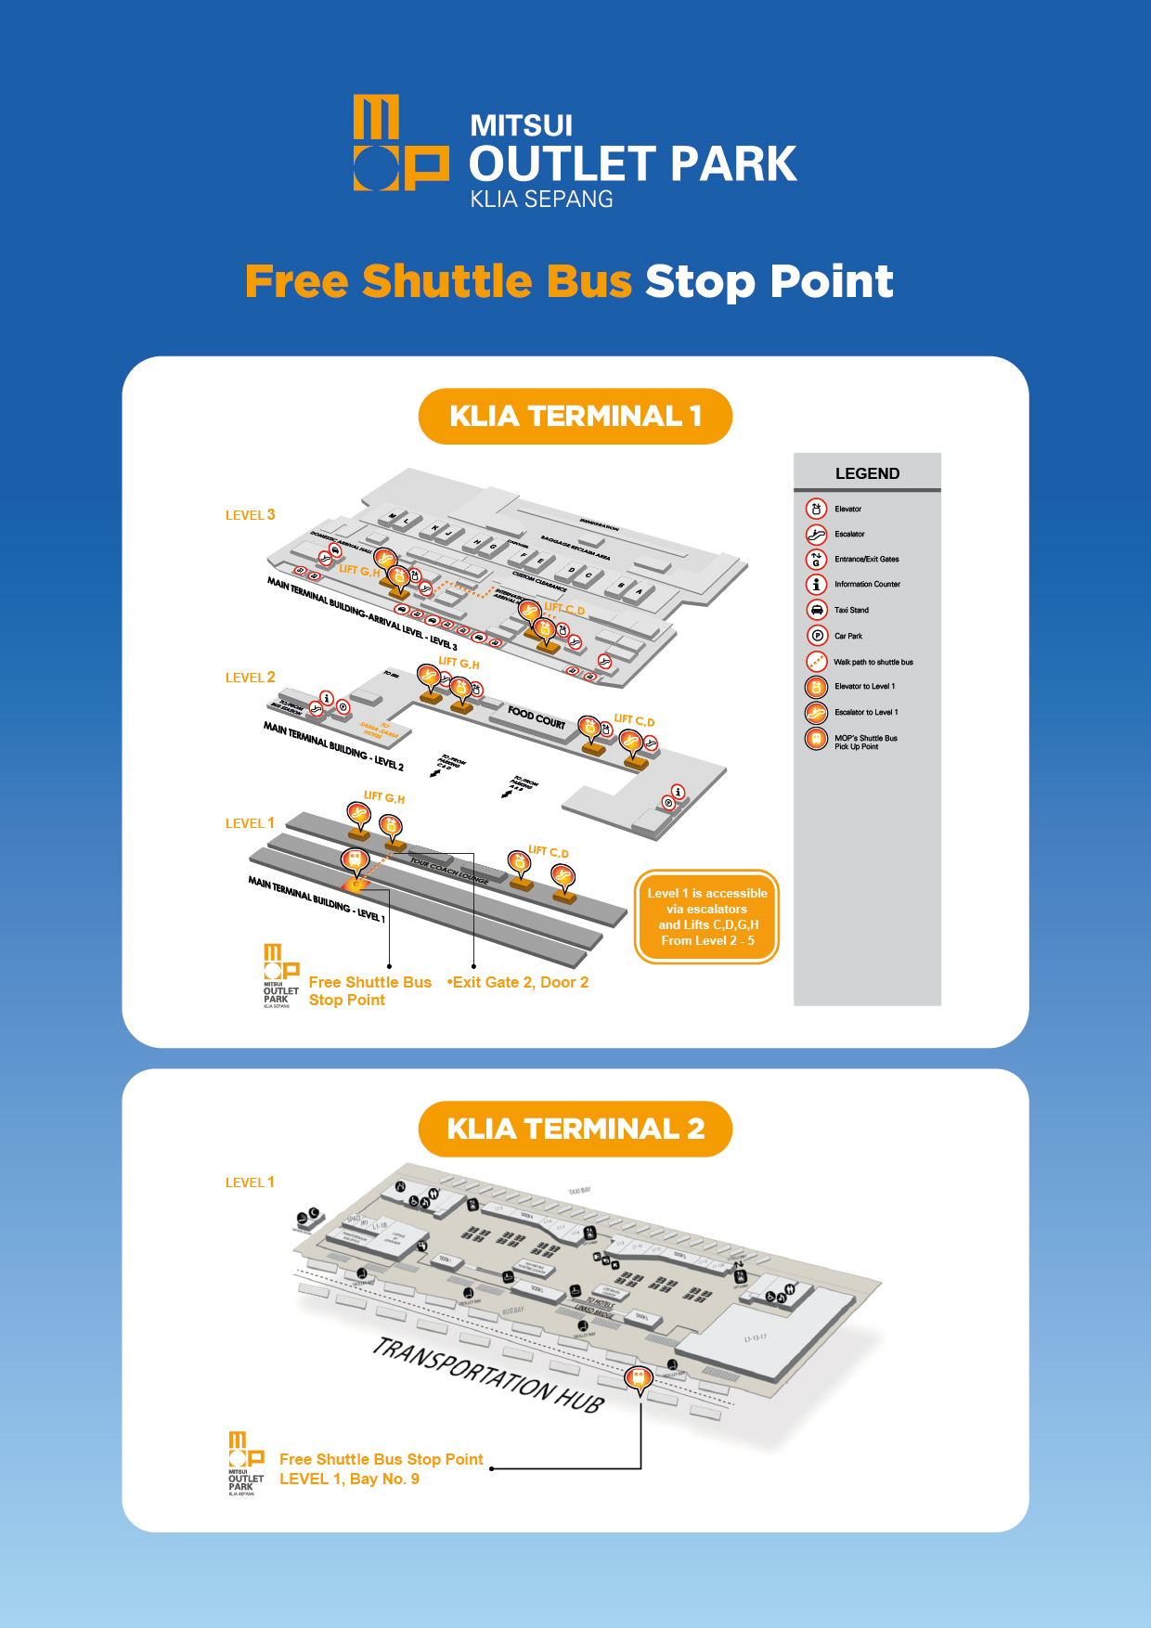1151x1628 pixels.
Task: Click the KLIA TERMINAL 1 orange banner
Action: click(x=575, y=416)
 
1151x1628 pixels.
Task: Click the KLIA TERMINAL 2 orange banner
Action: click(x=575, y=1129)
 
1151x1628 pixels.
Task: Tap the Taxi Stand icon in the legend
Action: click(x=816, y=610)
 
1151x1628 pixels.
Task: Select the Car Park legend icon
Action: click(x=816, y=636)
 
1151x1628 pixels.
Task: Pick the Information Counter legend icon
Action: click(x=816, y=584)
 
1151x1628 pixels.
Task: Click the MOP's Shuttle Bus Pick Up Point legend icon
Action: click(x=816, y=739)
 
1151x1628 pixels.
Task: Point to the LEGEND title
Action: click(x=867, y=473)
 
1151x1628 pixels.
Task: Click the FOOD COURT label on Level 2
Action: click(x=537, y=717)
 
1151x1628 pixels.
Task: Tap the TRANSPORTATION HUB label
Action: click(x=488, y=1375)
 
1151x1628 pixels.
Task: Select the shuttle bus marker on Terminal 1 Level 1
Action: click(x=354, y=860)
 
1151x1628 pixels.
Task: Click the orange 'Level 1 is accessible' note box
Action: click(x=706, y=916)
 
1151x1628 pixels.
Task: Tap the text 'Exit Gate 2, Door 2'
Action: click(x=520, y=982)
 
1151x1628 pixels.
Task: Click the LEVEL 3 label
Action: click(x=250, y=515)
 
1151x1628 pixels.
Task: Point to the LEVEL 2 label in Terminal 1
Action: click(x=250, y=678)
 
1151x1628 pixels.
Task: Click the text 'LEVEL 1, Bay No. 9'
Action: click(x=349, y=1479)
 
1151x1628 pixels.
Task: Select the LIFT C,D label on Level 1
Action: click(x=548, y=851)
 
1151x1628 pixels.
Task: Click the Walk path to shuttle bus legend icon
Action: click(x=816, y=662)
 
